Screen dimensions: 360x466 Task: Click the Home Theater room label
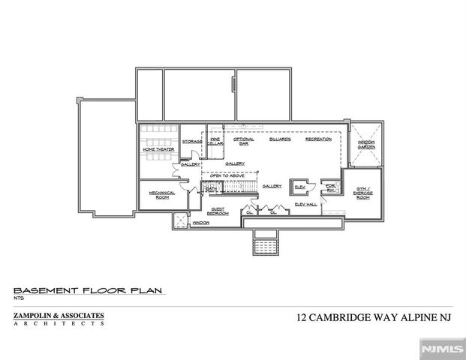(158, 149)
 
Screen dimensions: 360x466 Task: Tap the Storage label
(192, 141)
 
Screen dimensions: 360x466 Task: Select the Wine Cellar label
(215, 141)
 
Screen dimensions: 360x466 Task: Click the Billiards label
(279, 139)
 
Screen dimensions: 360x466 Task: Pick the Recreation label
(318, 139)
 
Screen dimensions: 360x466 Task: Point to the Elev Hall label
(305, 204)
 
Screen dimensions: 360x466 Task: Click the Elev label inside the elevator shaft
(299, 186)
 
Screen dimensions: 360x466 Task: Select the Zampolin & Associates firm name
(59, 315)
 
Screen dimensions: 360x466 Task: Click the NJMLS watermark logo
(442, 349)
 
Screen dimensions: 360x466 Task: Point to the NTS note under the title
(18, 298)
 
